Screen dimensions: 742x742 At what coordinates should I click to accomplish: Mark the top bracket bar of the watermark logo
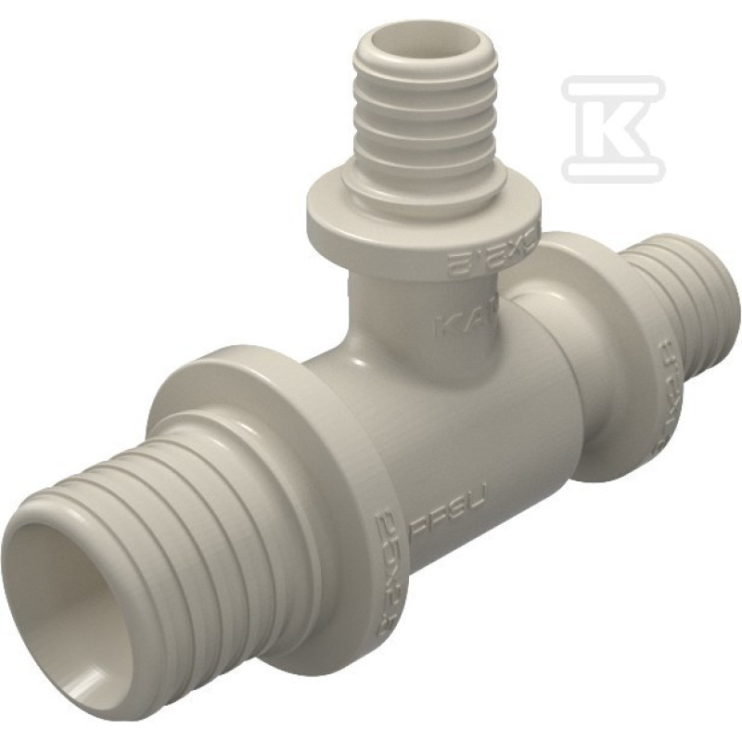point(612,83)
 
